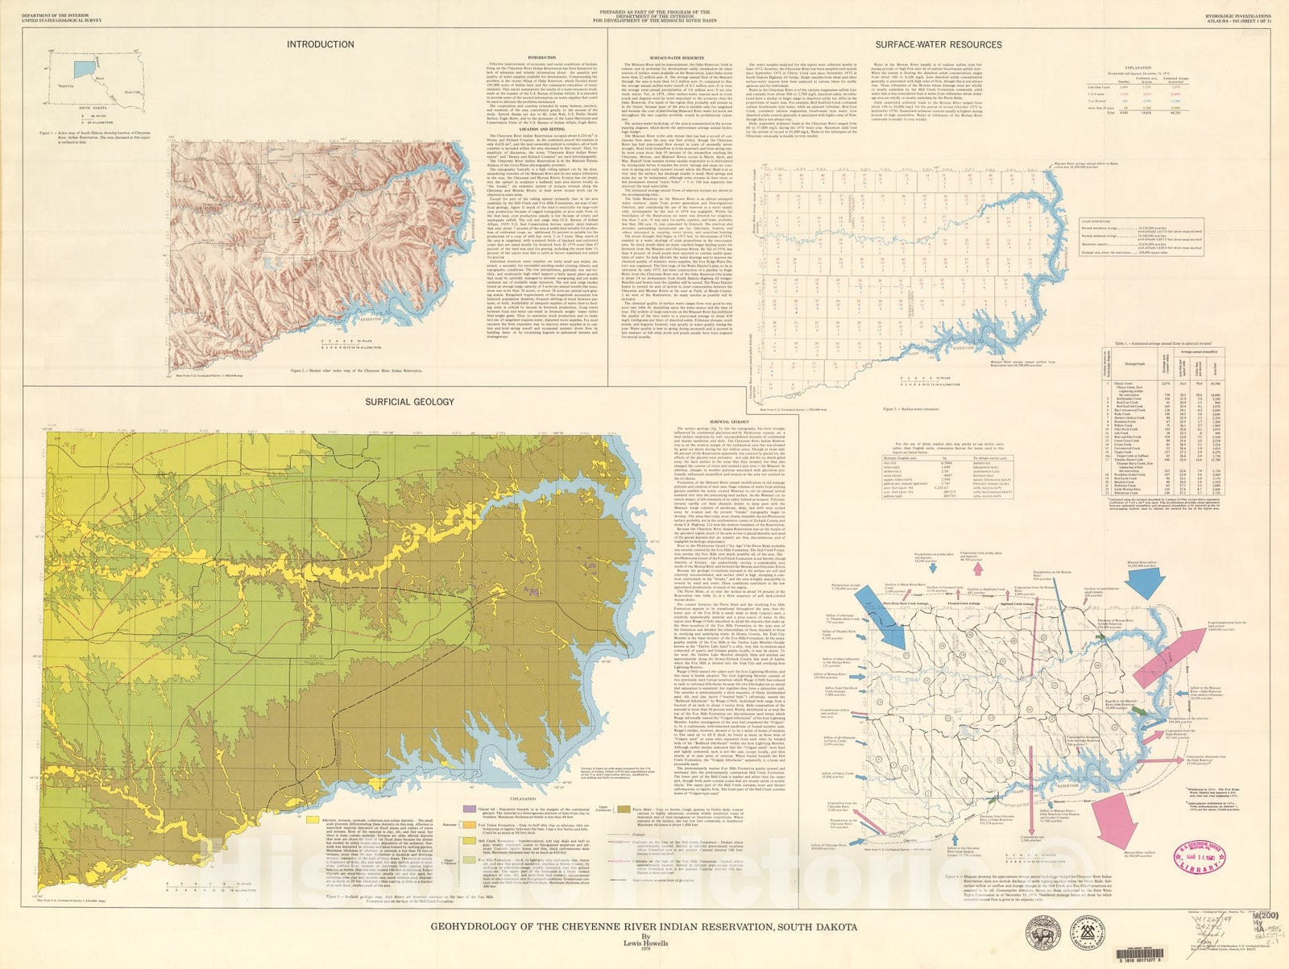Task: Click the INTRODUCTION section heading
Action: click(x=320, y=44)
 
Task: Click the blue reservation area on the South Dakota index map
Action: click(x=82, y=70)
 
